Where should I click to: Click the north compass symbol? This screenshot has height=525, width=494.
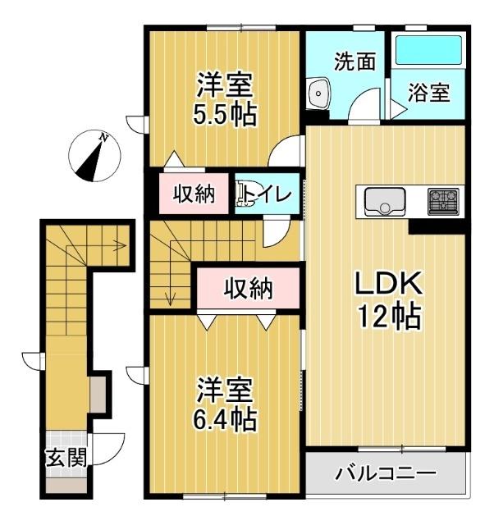(94, 153)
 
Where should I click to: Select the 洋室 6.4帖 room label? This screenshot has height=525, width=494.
(224, 404)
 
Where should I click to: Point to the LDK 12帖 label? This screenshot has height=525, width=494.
(387, 299)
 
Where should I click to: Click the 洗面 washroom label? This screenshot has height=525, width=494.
(354, 62)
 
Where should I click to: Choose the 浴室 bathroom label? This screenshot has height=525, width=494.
(429, 92)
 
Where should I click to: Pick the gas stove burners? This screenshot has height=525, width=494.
(444, 200)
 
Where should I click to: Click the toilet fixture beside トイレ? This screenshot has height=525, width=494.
(244, 193)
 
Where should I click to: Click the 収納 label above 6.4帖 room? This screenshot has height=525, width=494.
(249, 288)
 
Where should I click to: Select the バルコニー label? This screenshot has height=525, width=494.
(385, 473)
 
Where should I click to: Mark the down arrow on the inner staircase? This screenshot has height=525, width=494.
(170, 298)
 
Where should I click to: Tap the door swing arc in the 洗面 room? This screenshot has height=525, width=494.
(360, 107)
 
